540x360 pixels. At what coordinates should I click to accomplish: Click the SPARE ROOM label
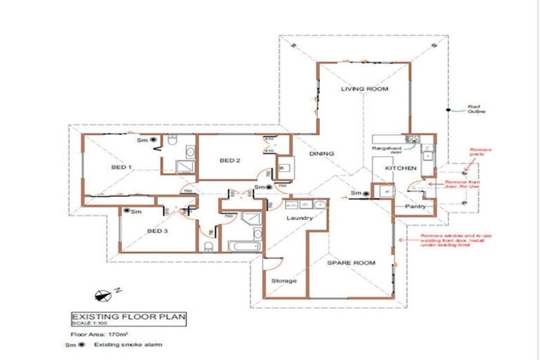click(x=351, y=263)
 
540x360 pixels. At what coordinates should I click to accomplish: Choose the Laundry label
click(x=300, y=219)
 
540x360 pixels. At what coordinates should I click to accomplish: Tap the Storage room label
click(x=284, y=281)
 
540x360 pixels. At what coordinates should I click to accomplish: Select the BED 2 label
click(x=230, y=160)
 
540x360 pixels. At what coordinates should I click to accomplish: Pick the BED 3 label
click(x=157, y=231)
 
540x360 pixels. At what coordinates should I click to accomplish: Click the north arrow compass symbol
click(x=108, y=292)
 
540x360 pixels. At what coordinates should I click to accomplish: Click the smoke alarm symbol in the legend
click(x=81, y=345)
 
